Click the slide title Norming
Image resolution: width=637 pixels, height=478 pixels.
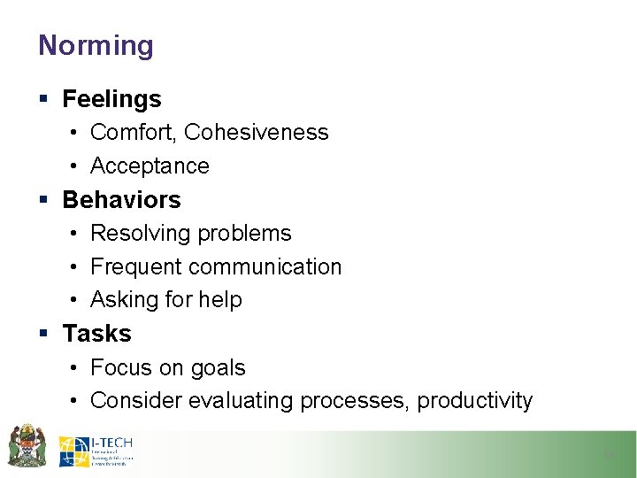coord(96,45)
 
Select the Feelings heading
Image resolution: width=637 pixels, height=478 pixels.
coord(111,99)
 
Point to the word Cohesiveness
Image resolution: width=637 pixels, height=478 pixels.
coord(256,133)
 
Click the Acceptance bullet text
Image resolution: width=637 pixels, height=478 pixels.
coord(150,166)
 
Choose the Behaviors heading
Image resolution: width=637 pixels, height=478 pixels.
coord(121,200)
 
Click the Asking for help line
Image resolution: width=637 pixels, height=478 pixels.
coord(165,300)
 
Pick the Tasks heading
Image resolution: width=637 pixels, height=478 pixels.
coord(96,334)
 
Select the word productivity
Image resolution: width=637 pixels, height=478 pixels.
coord(475,401)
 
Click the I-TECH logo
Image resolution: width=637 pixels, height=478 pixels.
coord(96,451)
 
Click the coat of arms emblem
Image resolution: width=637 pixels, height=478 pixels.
coord(27,446)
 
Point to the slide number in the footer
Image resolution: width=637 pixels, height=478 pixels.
coord(608,454)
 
